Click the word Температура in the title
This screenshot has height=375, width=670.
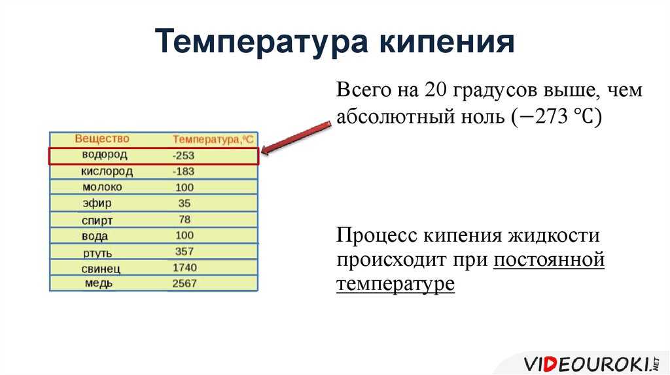(x=261, y=41)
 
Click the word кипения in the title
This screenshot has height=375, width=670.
(x=447, y=42)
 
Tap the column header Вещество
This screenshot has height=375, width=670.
(x=101, y=139)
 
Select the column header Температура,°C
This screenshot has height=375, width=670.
(x=213, y=139)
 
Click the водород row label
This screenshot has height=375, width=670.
(x=105, y=154)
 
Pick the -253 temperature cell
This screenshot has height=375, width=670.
(x=183, y=155)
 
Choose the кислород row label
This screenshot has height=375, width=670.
(x=107, y=171)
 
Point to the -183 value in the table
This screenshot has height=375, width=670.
(x=183, y=171)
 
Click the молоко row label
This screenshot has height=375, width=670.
(x=102, y=187)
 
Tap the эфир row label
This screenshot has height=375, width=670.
(x=97, y=203)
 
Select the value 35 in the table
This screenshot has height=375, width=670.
(x=184, y=203)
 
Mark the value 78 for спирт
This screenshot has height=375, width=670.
(x=184, y=220)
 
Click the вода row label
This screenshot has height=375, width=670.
(x=95, y=236)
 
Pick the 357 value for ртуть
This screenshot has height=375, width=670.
(x=184, y=252)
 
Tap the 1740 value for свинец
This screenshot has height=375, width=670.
(x=185, y=267)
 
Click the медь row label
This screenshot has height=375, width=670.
(x=99, y=284)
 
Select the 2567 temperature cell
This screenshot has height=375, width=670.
(x=184, y=284)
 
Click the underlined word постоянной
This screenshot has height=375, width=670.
(x=549, y=259)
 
